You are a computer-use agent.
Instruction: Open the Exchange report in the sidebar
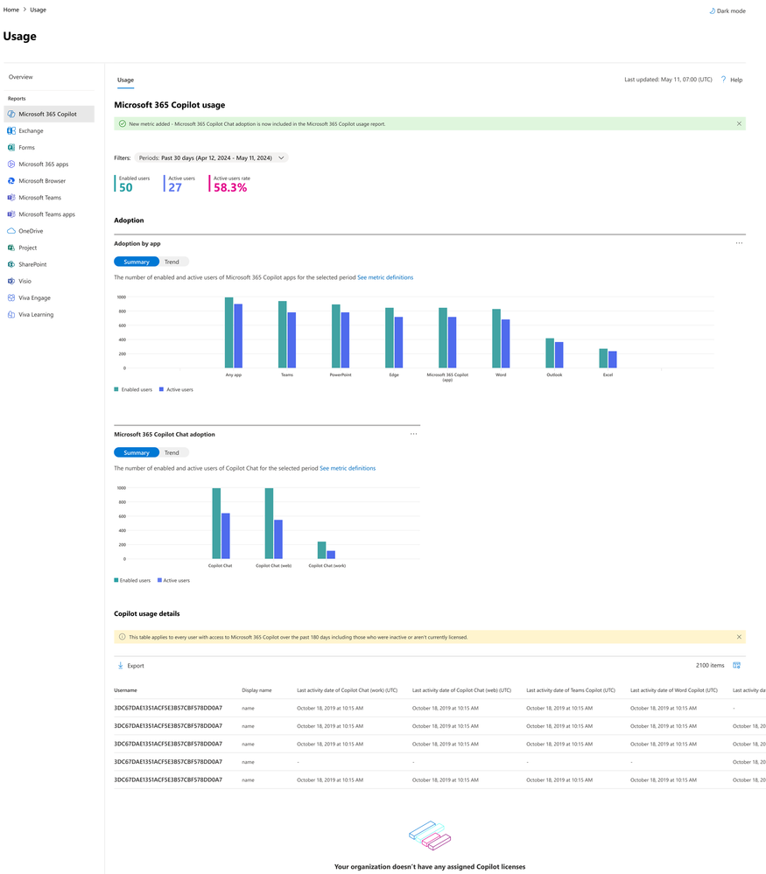31,131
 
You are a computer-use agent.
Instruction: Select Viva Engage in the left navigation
35,297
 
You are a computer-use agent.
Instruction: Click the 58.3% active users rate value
229,187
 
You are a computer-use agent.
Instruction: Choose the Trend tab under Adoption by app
172,262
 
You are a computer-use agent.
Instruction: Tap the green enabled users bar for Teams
282,334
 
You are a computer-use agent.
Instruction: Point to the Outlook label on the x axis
554,374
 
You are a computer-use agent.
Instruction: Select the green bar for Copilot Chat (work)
321,549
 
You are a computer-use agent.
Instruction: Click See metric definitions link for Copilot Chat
348,468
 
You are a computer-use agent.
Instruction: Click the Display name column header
257,690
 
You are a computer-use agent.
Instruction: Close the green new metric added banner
740,124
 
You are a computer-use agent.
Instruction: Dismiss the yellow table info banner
739,637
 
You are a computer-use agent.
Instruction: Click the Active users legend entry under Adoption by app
179,389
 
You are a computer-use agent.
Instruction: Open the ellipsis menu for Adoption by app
739,243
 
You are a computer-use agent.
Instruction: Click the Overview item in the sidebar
21,77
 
